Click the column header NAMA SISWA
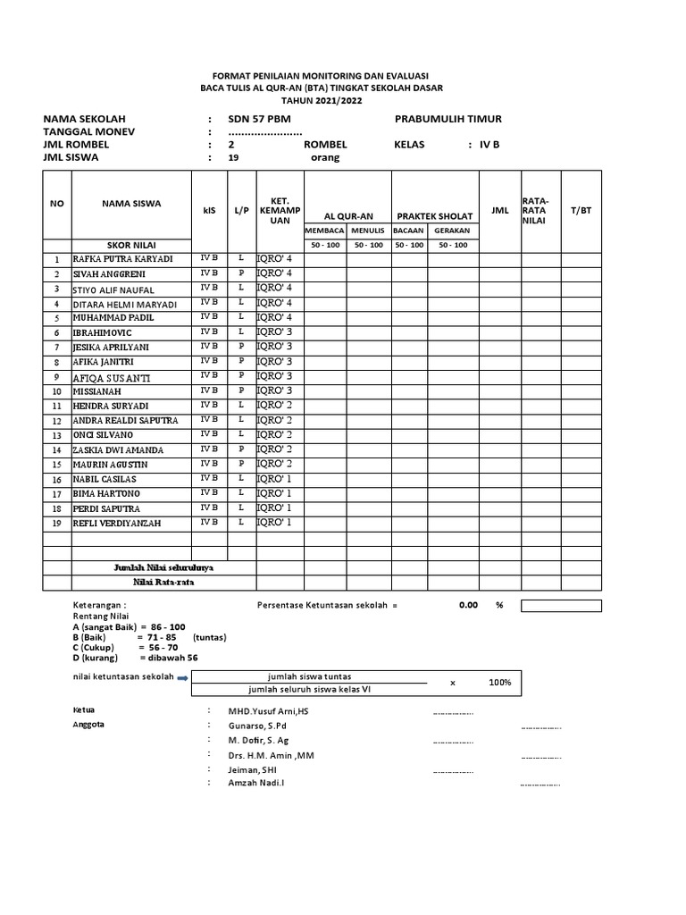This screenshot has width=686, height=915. (131, 204)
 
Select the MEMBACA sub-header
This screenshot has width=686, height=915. (324, 231)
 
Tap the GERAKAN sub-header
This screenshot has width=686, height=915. (452, 231)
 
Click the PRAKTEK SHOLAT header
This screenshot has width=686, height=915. (434, 216)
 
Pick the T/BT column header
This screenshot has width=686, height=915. (581, 210)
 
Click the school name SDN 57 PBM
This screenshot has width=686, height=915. (259, 119)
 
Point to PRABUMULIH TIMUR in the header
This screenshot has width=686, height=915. (448, 119)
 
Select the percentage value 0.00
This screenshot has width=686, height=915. (468, 605)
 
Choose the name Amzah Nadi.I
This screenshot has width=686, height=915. (264, 784)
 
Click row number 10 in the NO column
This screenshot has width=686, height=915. (56, 391)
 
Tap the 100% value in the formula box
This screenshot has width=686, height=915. (500, 683)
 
